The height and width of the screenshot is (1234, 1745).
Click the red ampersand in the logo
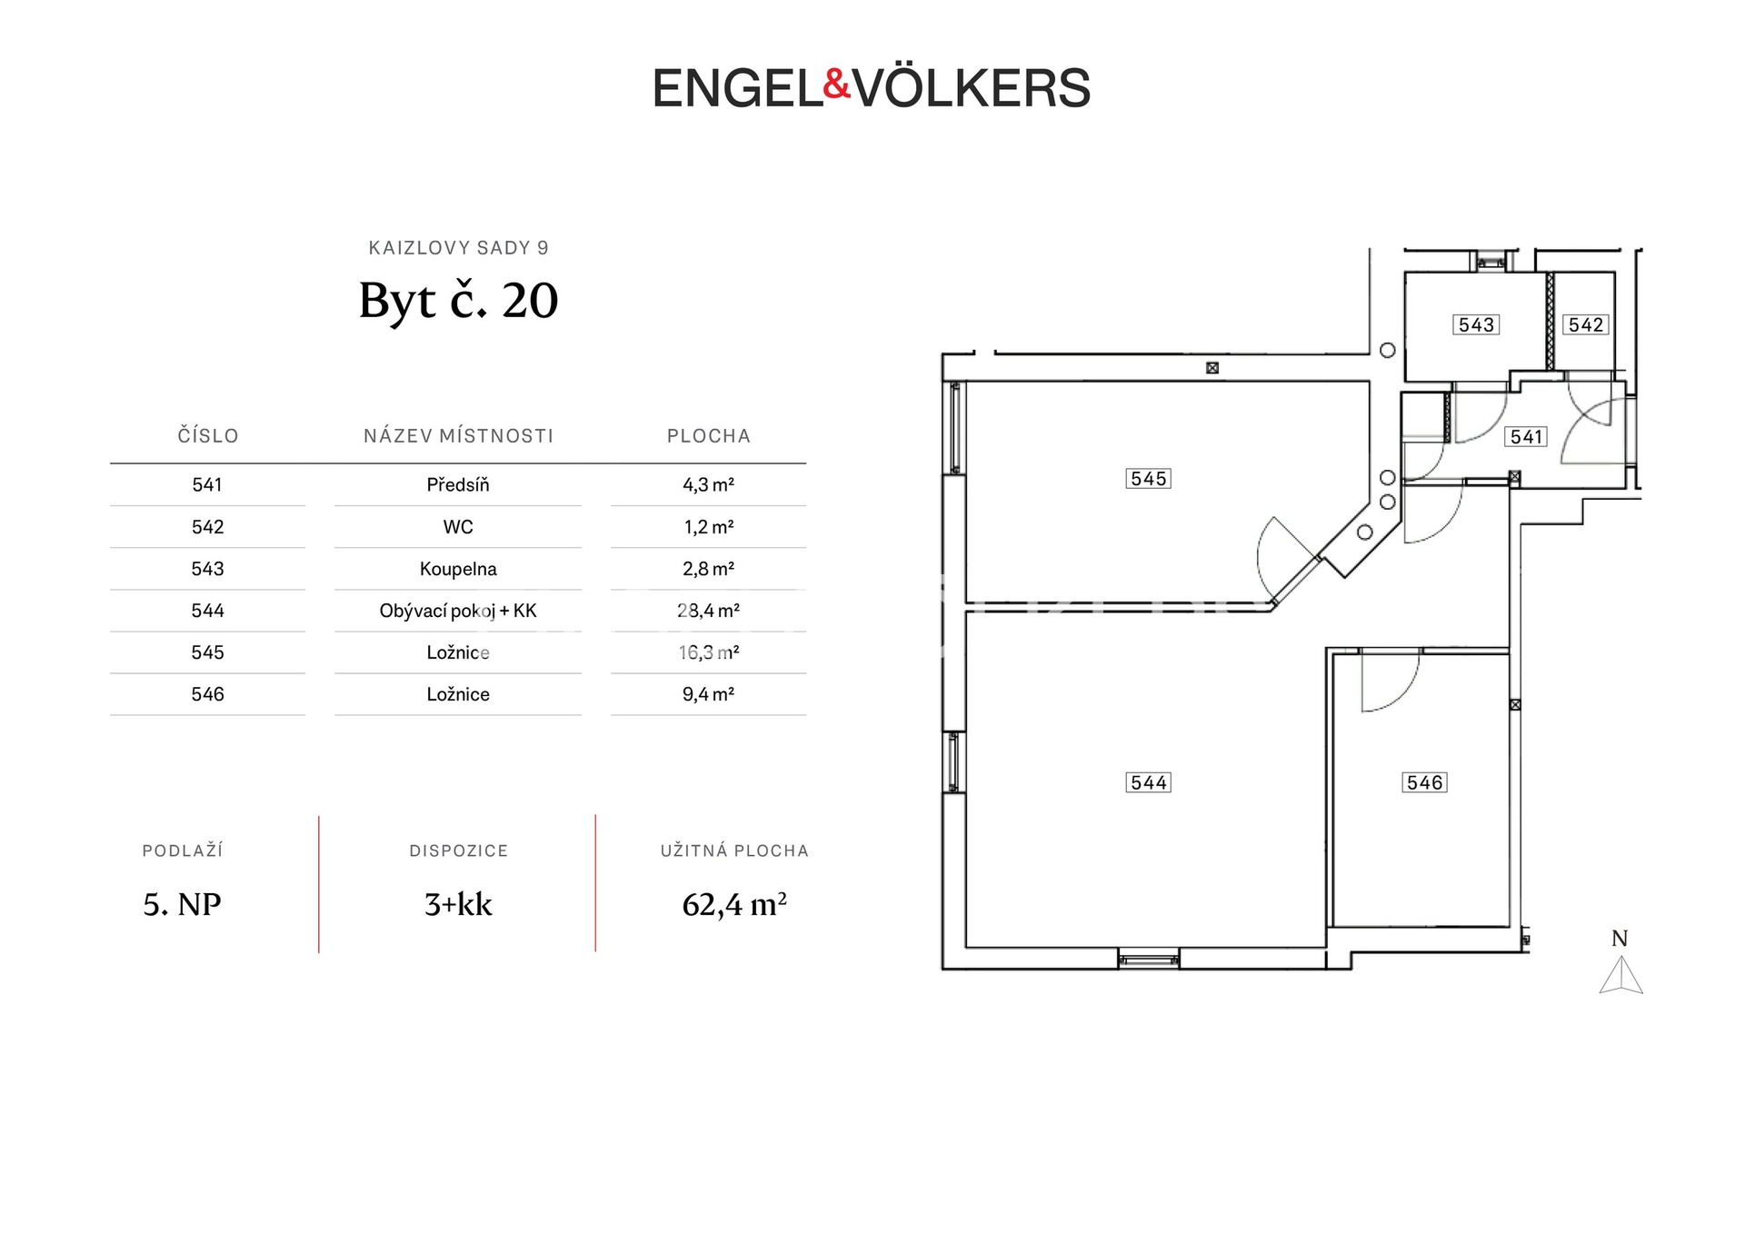click(x=836, y=85)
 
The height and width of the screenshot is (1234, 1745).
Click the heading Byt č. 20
click(x=458, y=301)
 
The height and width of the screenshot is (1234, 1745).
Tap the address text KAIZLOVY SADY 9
click(x=458, y=248)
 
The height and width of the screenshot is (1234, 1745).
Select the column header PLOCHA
click(x=709, y=436)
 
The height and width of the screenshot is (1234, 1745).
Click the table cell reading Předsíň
click(x=458, y=485)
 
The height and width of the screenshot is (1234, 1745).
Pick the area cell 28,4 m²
click(x=708, y=611)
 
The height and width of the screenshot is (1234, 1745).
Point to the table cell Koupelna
click(x=458, y=569)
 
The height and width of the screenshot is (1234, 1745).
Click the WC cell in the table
click(x=458, y=527)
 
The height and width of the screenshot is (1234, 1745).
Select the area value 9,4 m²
click(x=708, y=694)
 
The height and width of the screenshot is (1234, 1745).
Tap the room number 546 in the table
click(x=207, y=694)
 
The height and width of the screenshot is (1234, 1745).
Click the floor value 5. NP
click(x=182, y=905)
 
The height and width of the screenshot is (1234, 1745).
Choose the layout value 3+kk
click(x=458, y=905)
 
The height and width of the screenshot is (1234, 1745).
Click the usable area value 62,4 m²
click(x=734, y=905)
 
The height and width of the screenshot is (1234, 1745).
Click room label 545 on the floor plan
click(x=1149, y=479)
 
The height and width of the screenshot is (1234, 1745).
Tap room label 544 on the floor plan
click(x=1149, y=782)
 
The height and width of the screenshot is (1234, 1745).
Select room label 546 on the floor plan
click(x=1424, y=782)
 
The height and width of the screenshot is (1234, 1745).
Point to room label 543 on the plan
click(x=1476, y=324)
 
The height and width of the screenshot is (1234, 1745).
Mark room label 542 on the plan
click(x=1586, y=324)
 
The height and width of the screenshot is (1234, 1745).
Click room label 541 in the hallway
click(x=1527, y=437)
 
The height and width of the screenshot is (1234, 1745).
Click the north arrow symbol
click(x=1620, y=975)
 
